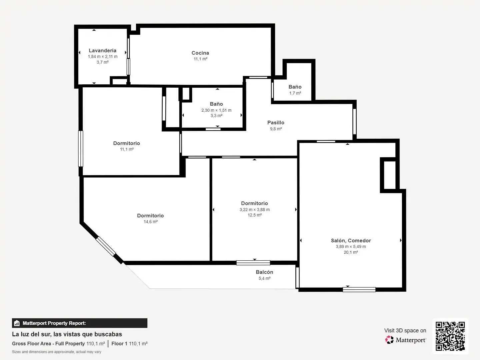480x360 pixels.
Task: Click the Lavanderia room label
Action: pos(102,50)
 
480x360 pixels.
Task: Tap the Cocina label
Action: pos(200,53)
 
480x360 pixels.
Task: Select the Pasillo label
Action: pos(276,123)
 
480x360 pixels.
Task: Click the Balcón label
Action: pos(264,272)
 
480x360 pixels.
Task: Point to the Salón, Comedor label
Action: pos(351,241)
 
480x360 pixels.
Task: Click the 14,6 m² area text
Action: pos(150,222)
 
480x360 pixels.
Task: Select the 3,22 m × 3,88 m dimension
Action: pos(255,210)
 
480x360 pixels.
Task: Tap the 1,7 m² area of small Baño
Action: pos(295,93)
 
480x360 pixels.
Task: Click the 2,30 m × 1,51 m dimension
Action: pos(216,110)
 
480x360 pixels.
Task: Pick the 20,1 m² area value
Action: pos(351,252)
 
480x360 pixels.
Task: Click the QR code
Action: pos(450,336)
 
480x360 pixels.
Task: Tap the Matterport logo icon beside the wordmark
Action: pos(389,340)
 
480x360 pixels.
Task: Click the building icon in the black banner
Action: pos(17,323)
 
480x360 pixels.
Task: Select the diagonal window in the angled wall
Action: pos(106,246)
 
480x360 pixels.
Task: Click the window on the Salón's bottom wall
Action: pos(359,290)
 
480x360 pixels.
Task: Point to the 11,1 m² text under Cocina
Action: pos(200,59)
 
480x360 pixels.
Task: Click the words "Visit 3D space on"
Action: pos(405,330)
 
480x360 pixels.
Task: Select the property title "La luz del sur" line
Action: pos(67,334)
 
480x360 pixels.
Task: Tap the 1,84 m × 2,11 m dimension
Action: pos(103,57)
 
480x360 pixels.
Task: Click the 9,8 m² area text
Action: pos(276,129)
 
